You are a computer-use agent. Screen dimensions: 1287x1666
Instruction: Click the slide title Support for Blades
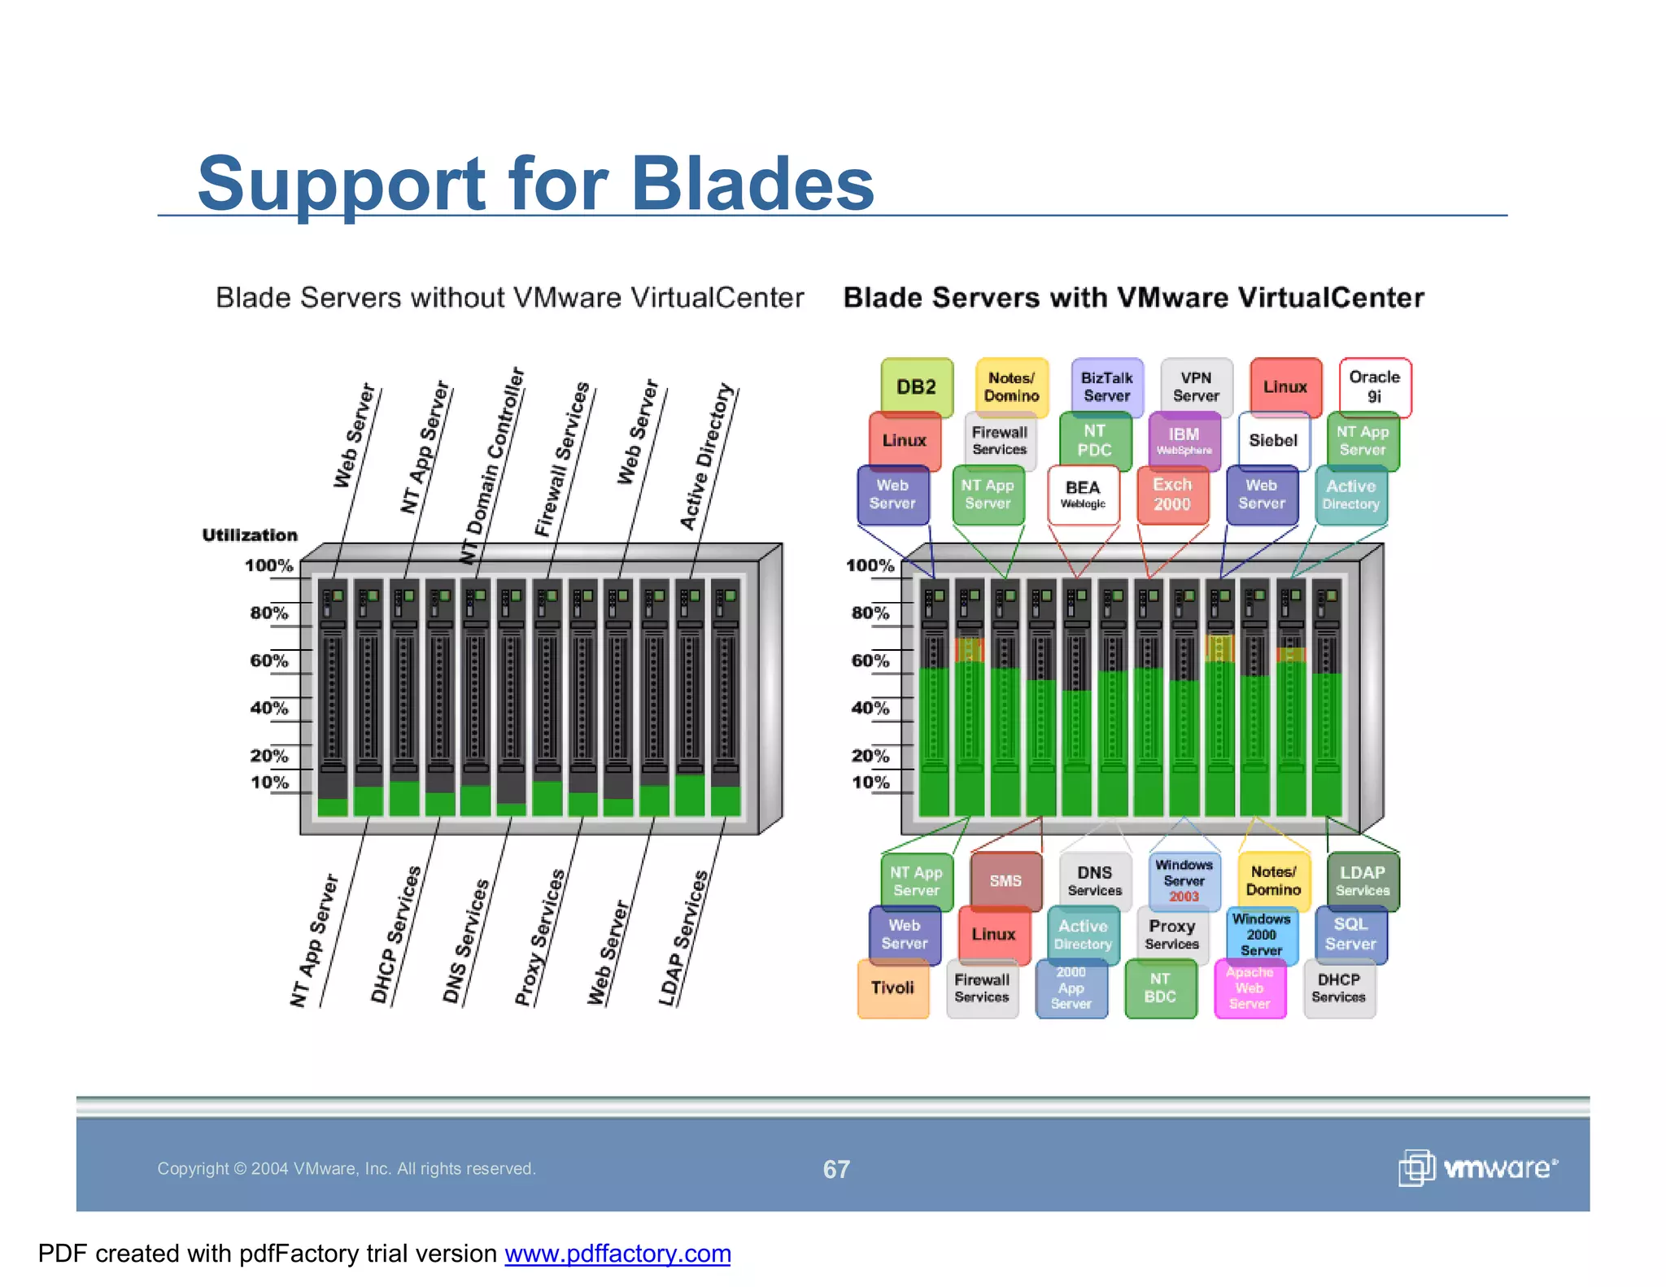[535, 184]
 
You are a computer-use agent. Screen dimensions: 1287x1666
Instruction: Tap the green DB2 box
[916, 387]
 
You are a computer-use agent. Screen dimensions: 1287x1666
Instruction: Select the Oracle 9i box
[1374, 386]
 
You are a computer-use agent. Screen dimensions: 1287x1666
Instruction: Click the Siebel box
[1273, 440]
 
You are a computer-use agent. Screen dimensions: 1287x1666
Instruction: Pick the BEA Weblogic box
[1083, 494]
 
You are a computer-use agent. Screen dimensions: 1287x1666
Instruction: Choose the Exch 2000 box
[1171, 494]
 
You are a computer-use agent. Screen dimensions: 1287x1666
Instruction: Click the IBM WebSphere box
[1184, 440]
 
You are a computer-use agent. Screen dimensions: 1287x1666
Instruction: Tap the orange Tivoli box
[892, 988]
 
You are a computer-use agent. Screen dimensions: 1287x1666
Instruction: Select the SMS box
[1005, 880]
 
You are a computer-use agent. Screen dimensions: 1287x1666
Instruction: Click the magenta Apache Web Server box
[1249, 988]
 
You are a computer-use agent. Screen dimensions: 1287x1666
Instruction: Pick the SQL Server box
[1350, 934]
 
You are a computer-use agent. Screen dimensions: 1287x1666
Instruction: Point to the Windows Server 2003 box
[1184, 880]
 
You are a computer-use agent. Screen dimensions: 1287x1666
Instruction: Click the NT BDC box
[1160, 988]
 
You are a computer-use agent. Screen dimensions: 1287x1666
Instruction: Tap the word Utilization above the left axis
[250, 535]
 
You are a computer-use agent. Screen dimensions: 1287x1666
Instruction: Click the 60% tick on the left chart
[269, 661]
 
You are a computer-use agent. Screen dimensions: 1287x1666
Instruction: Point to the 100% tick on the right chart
[870, 565]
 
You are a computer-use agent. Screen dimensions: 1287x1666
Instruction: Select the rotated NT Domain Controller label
[493, 465]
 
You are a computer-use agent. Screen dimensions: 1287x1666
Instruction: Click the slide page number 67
[836, 1169]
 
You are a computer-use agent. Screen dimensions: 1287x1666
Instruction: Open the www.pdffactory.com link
[617, 1254]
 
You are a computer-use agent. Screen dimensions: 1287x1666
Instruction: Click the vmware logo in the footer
[1477, 1168]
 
